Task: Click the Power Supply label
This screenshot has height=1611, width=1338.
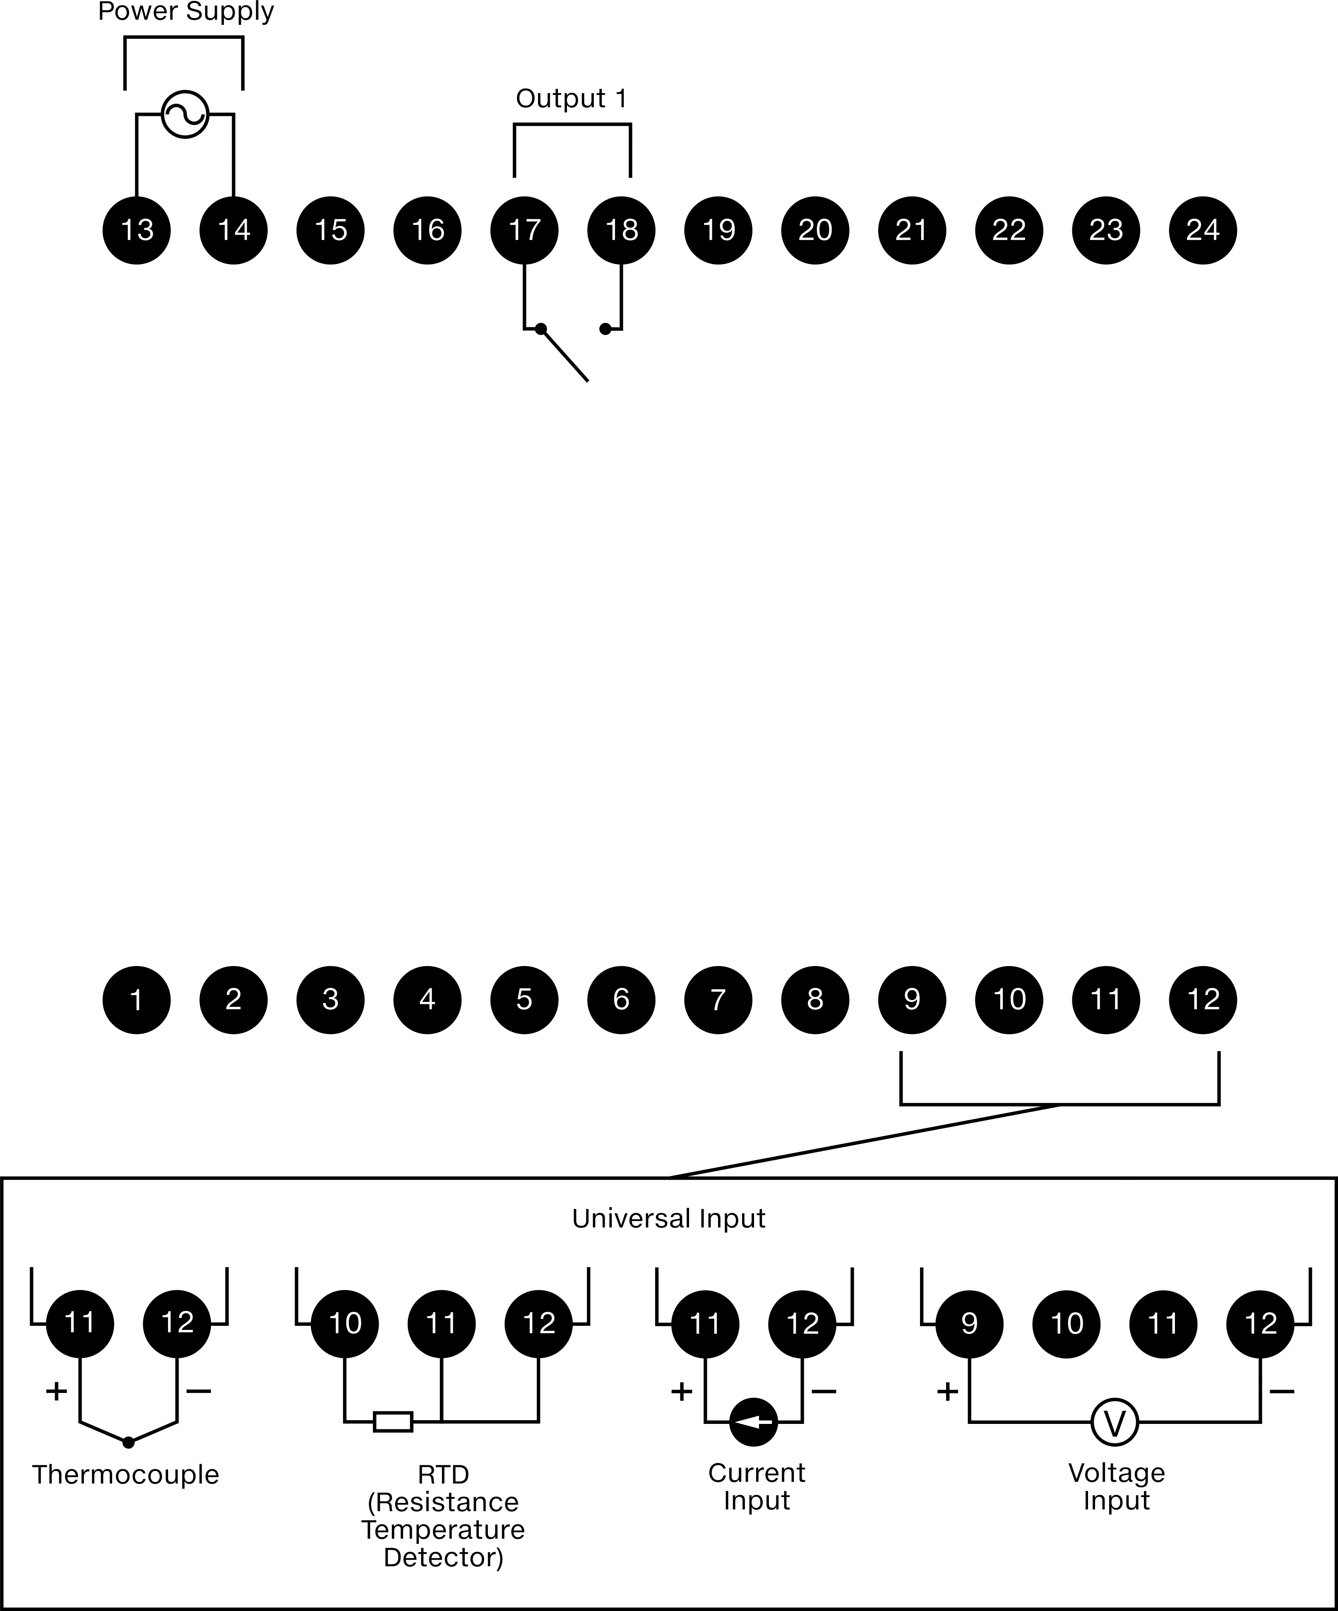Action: (186, 12)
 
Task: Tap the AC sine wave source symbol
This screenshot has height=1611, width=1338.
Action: (185, 114)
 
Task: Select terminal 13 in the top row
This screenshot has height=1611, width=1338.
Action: (137, 230)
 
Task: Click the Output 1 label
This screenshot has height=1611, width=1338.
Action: (571, 98)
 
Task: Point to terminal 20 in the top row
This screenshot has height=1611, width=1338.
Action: (815, 230)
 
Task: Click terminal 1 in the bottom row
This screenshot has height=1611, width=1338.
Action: (137, 1000)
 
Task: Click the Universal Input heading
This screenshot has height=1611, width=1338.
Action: (669, 1218)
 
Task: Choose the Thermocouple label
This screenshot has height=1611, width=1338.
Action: (126, 1474)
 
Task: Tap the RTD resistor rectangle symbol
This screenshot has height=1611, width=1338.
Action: (393, 1421)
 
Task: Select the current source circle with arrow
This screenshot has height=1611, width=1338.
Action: (753, 1421)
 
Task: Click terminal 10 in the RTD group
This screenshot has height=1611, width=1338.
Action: (344, 1323)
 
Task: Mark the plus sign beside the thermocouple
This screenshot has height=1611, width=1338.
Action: (57, 1391)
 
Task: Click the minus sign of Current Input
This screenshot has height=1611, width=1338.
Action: (824, 1391)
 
